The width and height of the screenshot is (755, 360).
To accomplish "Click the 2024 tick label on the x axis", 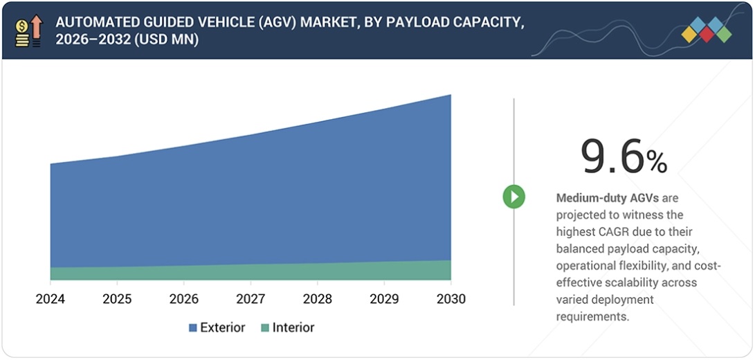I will pyautogui.click(x=50, y=299).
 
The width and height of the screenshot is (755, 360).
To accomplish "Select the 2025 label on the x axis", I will pyautogui.click(x=117, y=299).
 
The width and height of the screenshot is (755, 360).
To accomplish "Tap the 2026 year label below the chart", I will pyautogui.click(x=183, y=299).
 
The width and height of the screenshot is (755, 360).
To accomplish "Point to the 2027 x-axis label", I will pyautogui.click(x=251, y=299).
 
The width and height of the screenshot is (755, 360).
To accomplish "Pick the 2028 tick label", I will pyautogui.click(x=317, y=299).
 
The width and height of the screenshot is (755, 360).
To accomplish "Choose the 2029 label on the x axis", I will pyautogui.click(x=384, y=299).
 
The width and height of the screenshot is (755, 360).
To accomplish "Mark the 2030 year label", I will pyautogui.click(x=451, y=299).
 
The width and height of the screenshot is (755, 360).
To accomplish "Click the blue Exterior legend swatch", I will pyautogui.click(x=192, y=328).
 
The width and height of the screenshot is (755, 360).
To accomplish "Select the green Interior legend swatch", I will pyautogui.click(x=264, y=328).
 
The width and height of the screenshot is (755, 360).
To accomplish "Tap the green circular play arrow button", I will pyautogui.click(x=513, y=197).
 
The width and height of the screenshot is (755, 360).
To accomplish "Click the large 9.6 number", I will pyautogui.click(x=612, y=156).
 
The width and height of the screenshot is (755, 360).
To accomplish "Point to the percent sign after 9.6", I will pyautogui.click(x=657, y=162).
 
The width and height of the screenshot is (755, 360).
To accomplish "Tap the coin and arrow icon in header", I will pyautogui.click(x=29, y=30).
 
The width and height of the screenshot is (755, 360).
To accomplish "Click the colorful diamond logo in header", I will pyautogui.click(x=706, y=30).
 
